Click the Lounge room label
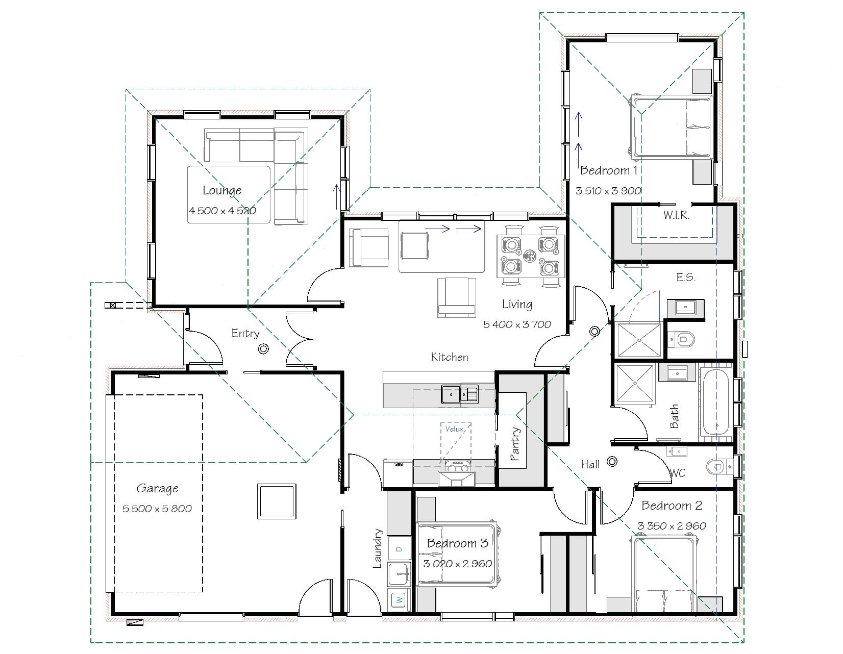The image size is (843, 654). [222, 190]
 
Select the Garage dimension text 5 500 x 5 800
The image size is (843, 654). [157, 509]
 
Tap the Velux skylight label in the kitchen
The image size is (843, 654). [454, 429]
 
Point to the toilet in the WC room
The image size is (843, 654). [717, 466]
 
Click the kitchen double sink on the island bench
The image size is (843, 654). [460, 394]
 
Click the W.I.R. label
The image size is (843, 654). [676, 215]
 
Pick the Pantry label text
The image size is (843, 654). [515, 444]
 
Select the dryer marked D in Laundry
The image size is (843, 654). [399, 549]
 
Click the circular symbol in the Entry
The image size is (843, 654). [263, 349]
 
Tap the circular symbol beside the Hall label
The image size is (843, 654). [612, 462]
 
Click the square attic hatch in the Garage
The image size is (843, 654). [277, 501]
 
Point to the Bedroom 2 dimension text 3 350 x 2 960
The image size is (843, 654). [672, 526]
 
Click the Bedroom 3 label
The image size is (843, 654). [457, 543]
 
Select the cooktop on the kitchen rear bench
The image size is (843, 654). [458, 466]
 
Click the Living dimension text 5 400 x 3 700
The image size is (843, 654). [517, 324]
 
